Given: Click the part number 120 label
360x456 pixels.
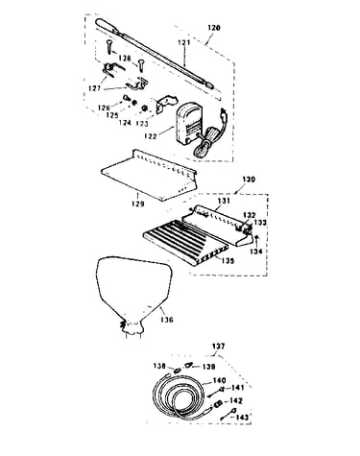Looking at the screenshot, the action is [214, 28].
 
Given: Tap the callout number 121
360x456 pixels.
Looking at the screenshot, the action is [184, 42].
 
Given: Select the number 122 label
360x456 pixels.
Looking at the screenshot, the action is [151, 136].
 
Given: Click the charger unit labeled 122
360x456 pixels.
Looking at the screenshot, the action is [187, 124].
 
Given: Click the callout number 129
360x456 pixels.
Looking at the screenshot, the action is [137, 204].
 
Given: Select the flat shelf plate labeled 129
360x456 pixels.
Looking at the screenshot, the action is [149, 175].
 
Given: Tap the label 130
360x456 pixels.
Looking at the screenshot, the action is [249, 180].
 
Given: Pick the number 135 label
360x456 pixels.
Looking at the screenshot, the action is [228, 261].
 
